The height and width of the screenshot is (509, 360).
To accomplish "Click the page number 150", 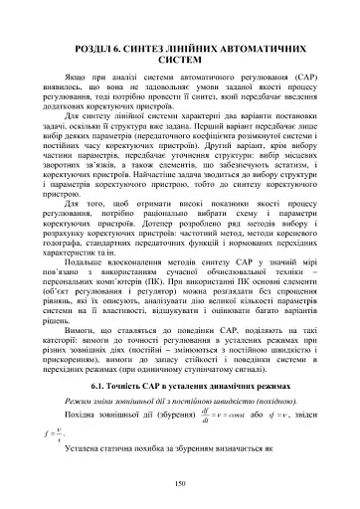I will [180, 483].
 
